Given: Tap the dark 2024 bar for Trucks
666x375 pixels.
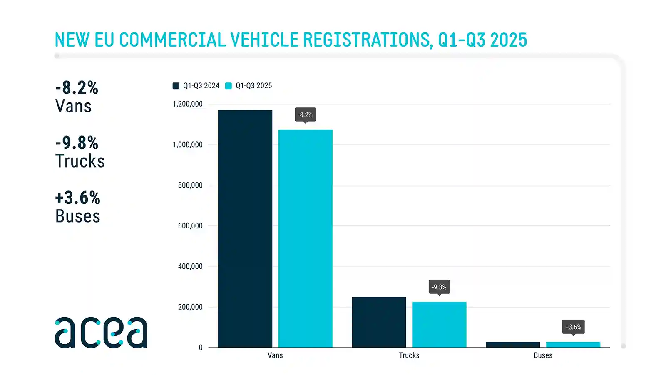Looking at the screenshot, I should (x=379, y=322).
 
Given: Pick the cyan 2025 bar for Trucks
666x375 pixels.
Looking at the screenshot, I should (x=439, y=324).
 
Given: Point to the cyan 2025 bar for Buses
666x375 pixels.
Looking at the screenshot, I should (x=573, y=345).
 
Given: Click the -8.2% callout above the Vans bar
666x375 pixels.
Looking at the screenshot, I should (x=305, y=115).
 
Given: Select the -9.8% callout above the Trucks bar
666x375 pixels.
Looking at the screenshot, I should (x=439, y=287).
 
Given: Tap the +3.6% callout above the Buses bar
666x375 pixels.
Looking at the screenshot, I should (x=573, y=327).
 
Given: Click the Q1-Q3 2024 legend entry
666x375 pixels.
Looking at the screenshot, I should (x=196, y=86).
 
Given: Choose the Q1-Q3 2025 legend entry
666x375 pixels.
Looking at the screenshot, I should (x=249, y=86).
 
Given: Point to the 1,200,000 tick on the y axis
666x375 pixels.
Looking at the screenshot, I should (x=188, y=104).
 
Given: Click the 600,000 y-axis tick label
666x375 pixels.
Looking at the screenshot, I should (x=190, y=226).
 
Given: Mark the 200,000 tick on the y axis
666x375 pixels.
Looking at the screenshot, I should (x=190, y=307).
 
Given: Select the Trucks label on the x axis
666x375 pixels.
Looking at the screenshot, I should (x=409, y=355).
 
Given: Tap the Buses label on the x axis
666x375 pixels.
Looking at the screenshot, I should (x=543, y=355).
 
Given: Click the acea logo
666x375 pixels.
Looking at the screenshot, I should (x=101, y=332).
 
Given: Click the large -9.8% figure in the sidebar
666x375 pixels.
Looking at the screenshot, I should (x=77, y=143).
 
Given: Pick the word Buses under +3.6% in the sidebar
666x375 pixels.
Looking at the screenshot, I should (x=78, y=216).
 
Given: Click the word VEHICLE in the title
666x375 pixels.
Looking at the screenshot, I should (x=264, y=40).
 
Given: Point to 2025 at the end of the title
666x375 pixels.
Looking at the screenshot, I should (x=508, y=40).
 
